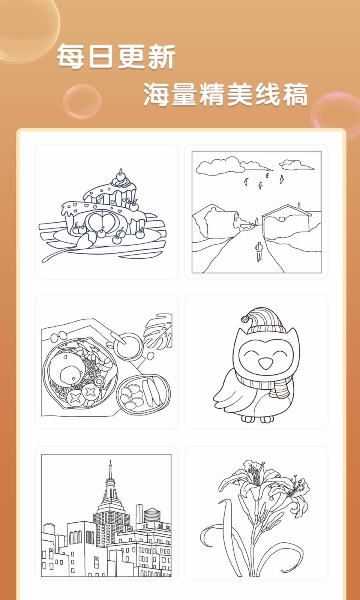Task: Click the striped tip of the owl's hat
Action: point(245,319)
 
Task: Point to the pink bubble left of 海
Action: point(82,101)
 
